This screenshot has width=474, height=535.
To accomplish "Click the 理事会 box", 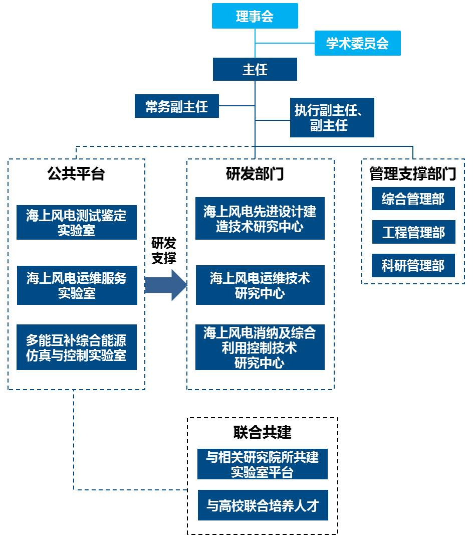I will coord(255,16).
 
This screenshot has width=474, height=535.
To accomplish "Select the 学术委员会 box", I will coord(357,44).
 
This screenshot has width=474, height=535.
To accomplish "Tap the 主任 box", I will coord(255,69).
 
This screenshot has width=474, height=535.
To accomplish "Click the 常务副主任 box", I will coord(176,106).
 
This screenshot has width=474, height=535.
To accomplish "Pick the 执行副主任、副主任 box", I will coord(332,118).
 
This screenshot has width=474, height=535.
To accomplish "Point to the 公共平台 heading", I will coord(76,174).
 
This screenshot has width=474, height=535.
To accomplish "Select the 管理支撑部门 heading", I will coord(413,174).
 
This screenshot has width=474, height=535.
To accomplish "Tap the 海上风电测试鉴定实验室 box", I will coord(77,223).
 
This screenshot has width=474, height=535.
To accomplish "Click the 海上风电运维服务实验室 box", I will coord(77,285).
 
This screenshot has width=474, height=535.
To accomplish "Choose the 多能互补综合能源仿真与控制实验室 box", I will coord(77,347).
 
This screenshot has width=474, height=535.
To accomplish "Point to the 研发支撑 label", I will coord(164,251).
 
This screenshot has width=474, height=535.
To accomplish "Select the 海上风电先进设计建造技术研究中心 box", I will coord(260,219).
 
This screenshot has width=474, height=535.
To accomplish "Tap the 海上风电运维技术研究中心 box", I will coord(260,285).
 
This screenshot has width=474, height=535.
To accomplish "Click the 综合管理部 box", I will coord(413,199).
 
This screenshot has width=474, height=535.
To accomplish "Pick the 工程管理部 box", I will coord(413,232).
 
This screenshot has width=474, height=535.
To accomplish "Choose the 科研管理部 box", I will coord(413,265).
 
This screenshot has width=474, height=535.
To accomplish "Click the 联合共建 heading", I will coord(262,432).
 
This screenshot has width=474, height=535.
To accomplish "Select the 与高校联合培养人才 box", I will coord(263,505).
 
